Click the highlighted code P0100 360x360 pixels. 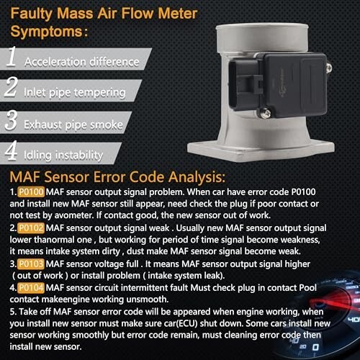[x=31, y=192]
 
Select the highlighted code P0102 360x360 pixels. [x=31, y=228]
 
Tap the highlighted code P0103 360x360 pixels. [x=31, y=264]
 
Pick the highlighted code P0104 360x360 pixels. [x=31, y=287]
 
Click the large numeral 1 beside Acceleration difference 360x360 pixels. [x=11, y=56]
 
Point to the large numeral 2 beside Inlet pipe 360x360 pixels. [x=11, y=86]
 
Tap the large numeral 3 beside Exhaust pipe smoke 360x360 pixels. [x=11, y=120]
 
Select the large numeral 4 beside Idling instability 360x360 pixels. [x=11, y=150]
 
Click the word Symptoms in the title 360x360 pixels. [x=46, y=32]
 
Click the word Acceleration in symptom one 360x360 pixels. [x=55, y=62]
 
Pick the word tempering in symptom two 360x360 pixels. [x=99, y=93]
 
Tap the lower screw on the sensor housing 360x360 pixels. [x=265, y=113]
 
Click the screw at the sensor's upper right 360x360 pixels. [x=328, y=68]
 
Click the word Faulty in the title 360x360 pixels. [x=31, y=14]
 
